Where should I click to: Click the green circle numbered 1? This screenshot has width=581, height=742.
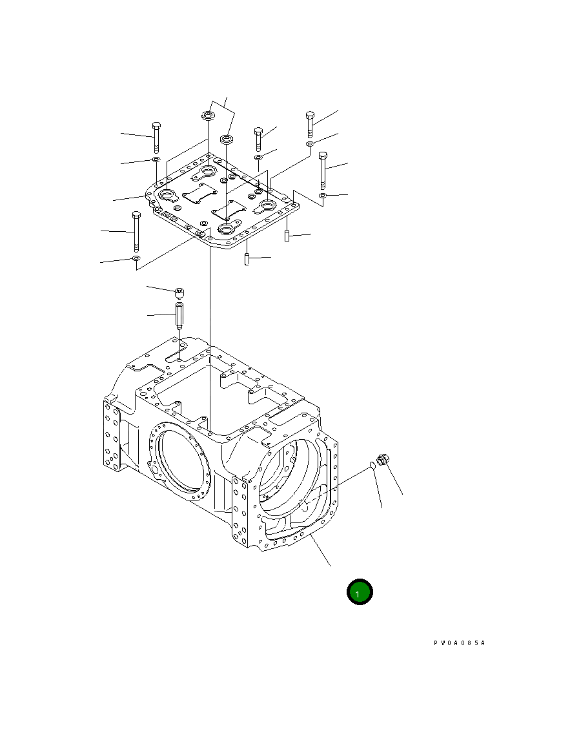click(x=360, y=592)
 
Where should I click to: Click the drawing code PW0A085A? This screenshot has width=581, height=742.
click(x=459, y=643)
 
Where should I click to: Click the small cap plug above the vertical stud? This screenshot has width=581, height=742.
click(x=179, y=294)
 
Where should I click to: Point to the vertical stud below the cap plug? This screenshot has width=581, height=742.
click(x=179, y=316)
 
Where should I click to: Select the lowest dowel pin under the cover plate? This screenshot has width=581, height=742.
click(x=246, y=259)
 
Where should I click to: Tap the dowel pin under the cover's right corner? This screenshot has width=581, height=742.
click(x=286, y=236)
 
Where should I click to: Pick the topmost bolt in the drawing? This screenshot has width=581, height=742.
click(x=310, y=124)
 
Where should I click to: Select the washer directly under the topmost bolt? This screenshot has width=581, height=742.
click(x=310, y=143)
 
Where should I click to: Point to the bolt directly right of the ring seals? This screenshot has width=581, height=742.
click(x=258, y=138)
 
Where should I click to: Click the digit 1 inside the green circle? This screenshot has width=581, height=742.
click(x=357, y=593)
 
